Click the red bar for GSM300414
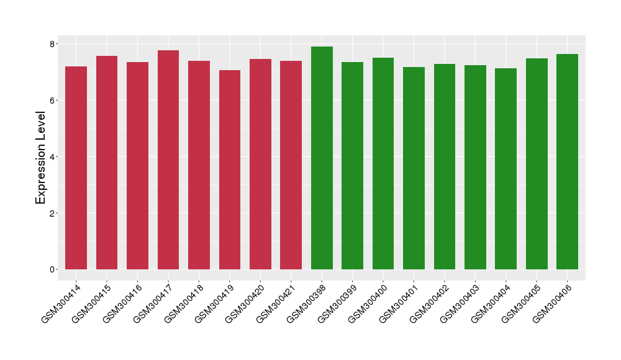[x=76, y=168]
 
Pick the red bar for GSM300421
[x=291, y=165]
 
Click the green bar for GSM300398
[x=322, y=158]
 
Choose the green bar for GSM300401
[x=414, y=168]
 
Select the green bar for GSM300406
[x=567, y=161]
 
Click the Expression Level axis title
[x=41, y=157]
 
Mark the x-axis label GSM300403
[x=463, y=302]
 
